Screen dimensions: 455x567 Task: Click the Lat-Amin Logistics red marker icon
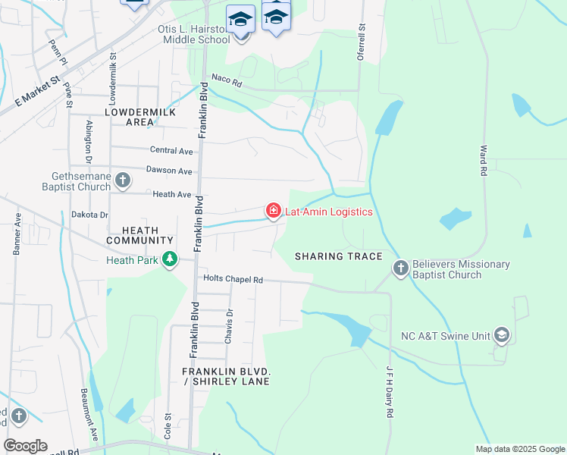273,210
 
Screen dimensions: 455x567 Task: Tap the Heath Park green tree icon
170,260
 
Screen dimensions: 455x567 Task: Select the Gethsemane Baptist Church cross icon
123,180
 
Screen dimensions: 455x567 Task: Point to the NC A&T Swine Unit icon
501,334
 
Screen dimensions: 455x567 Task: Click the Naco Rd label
226,80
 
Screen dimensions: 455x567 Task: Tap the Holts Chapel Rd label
232,280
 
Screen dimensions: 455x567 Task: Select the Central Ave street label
171,150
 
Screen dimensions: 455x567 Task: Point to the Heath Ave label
171,195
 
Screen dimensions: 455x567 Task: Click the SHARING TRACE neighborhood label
339,256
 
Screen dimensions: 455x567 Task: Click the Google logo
25,446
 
